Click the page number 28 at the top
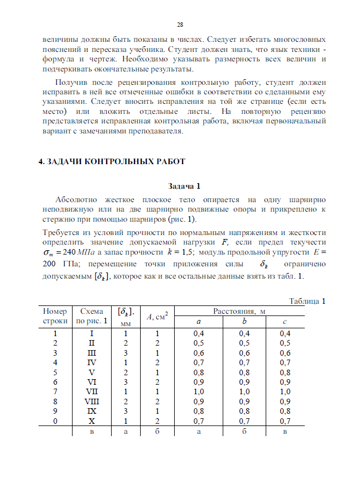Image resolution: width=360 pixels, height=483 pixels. [x=180, y=25]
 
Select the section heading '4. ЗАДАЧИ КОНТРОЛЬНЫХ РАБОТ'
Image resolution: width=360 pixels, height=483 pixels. [x=112, y=161]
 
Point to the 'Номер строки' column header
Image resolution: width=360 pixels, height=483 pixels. [x=55, y=316]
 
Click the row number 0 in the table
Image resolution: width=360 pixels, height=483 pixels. [x=55, y=420]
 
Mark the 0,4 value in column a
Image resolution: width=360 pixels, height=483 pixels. [x=198, y=333]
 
